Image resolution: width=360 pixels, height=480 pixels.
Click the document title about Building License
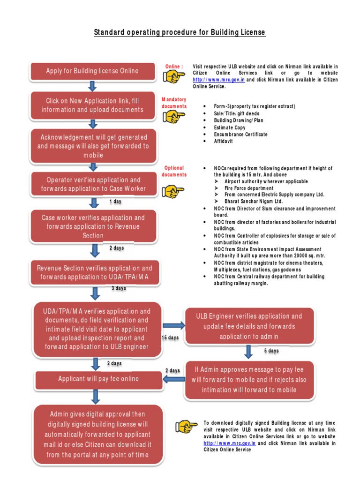pyautogui.click(x=180, y=32)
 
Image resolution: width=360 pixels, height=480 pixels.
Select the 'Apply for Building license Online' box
pyautogui.click(x=92, y=71)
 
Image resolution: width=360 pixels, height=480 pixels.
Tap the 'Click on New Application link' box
pyautogui.click(x=92, y=105)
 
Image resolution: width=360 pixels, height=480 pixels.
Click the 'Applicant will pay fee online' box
pyautogui.click(x=98, y=379)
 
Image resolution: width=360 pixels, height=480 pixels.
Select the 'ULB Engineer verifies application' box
pyautogui.click(x=249, y=326)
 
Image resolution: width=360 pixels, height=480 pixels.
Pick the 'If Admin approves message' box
pyautogui.click(x=249, y=380)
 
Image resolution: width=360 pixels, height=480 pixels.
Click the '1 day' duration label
pyautogui.click(x=115, y=201)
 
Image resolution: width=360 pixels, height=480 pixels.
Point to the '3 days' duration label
pyautogui.click(x=119, y=288)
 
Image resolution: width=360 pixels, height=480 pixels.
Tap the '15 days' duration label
pyautogui.click(x=170, y=337)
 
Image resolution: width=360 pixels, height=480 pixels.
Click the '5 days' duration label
pyautogui.click(x=271, y=351)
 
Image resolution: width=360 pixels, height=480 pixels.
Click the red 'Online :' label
pyautogui.click(x=174, y=67)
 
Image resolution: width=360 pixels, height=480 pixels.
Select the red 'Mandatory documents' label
pyautogui.click(x=174, y=103)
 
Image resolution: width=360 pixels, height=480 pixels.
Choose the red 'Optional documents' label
pyautogui.click(x=174, y=171)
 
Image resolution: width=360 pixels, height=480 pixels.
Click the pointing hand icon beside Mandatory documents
pyautogui.click(x=173, y=117)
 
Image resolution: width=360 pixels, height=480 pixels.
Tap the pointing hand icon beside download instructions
pyautogui.click(x=187, y=427)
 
